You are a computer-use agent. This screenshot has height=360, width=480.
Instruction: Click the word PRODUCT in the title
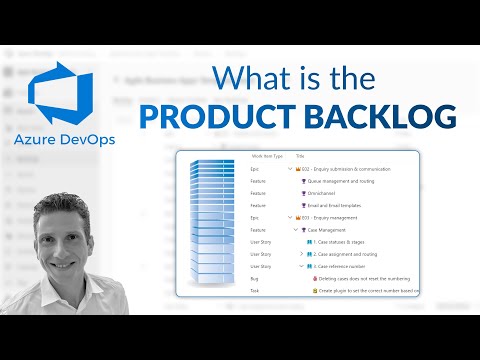click(210, 116)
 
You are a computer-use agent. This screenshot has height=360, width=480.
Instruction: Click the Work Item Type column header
click(265, 158)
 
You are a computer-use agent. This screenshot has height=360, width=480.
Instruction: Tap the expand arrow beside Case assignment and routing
click(301, 254)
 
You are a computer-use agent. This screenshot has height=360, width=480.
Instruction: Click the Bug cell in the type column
click(255, 278)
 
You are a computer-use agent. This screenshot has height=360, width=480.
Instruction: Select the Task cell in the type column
click(256, 290)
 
